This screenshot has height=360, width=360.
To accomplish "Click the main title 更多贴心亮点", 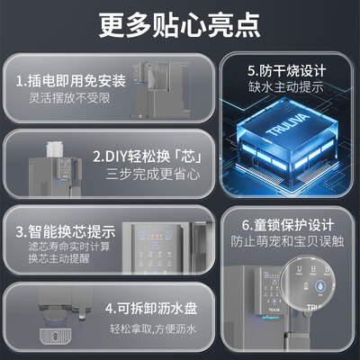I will pyautogui.click(x=180, y=19).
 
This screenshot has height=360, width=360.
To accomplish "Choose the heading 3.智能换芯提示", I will pyautogui.click(x=64, y=230).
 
